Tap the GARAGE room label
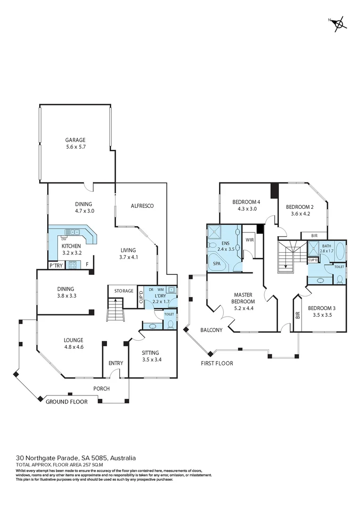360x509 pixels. [x=75, y=140]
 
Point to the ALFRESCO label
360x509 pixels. [x=142, y=206]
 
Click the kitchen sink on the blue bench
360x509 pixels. [x=72, y=231]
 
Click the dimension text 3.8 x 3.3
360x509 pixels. [x=67, y=296]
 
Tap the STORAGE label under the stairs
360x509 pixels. [x=123, y=291]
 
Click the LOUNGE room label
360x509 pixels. [x=74, y=340]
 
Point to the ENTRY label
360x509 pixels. [x=115, y=363]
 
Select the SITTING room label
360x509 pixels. [x=150, y=353]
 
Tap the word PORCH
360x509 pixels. [x=101, y=389]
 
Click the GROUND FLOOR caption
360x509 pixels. [x=66, y=402]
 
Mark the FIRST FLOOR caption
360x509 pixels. [x=217, y=363]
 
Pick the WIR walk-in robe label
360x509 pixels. [x=250, y=240]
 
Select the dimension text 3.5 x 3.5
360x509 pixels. [x=321, y=315]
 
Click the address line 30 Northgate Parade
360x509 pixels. [x=76, y=458]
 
